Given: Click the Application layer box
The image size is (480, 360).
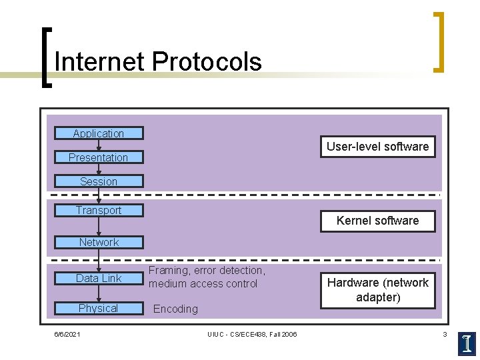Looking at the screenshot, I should pos(99,133).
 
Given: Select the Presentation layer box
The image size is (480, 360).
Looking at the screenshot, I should pos(99,157).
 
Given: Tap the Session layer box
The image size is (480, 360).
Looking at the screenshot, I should pos(99,181).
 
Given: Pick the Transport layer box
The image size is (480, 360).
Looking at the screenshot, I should pos(99,211).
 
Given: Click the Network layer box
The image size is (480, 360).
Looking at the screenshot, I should pos(99,243).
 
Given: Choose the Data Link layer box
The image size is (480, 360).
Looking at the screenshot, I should pos(99,279).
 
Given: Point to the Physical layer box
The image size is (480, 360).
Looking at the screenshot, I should pos(99,308).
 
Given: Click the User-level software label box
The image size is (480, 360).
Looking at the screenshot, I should pos(377,147).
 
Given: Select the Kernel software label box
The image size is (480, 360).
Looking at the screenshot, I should pos(377,221).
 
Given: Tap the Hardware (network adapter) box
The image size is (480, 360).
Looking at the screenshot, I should pos(377,290).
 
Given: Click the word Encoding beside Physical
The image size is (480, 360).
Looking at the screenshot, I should pos(175,309).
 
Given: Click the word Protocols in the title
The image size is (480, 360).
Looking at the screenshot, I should pos(207,62).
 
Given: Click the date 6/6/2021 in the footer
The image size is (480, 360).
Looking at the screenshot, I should pos(67,334).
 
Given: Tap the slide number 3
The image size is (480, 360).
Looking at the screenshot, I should pos(445,334).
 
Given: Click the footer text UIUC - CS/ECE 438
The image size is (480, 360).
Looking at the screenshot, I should pos(252,334).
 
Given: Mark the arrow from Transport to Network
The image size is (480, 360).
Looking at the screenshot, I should pos(99,227).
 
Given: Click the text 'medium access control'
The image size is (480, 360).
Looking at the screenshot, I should pos(203,284).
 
